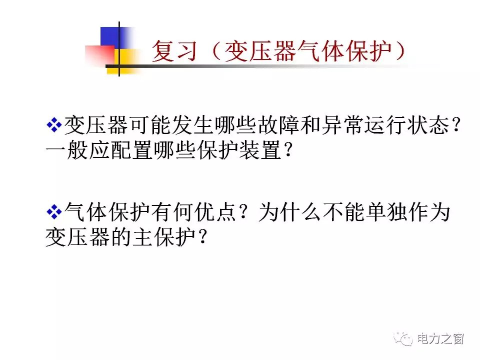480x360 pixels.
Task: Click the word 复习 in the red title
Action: pos(174,51)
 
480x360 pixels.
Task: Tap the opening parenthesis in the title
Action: pos(215,51)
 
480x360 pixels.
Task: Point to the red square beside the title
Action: pos(100,55)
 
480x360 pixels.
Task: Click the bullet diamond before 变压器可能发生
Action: pos(54,125)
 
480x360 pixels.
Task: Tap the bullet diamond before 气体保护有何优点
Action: pos(54,212)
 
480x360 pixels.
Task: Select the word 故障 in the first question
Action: pos(278,125)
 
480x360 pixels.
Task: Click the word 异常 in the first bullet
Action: pos(343,125)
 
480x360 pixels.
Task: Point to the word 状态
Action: pos(428,125)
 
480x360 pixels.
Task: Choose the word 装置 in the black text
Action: pos(260,150)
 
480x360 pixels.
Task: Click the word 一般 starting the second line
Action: pos(66,150)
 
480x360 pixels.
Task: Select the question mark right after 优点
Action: pos(243,212)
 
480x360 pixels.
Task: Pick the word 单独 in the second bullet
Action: pos(386,212)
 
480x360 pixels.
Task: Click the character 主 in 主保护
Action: pos(143,236)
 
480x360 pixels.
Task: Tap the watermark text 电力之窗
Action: pos(441,339)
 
